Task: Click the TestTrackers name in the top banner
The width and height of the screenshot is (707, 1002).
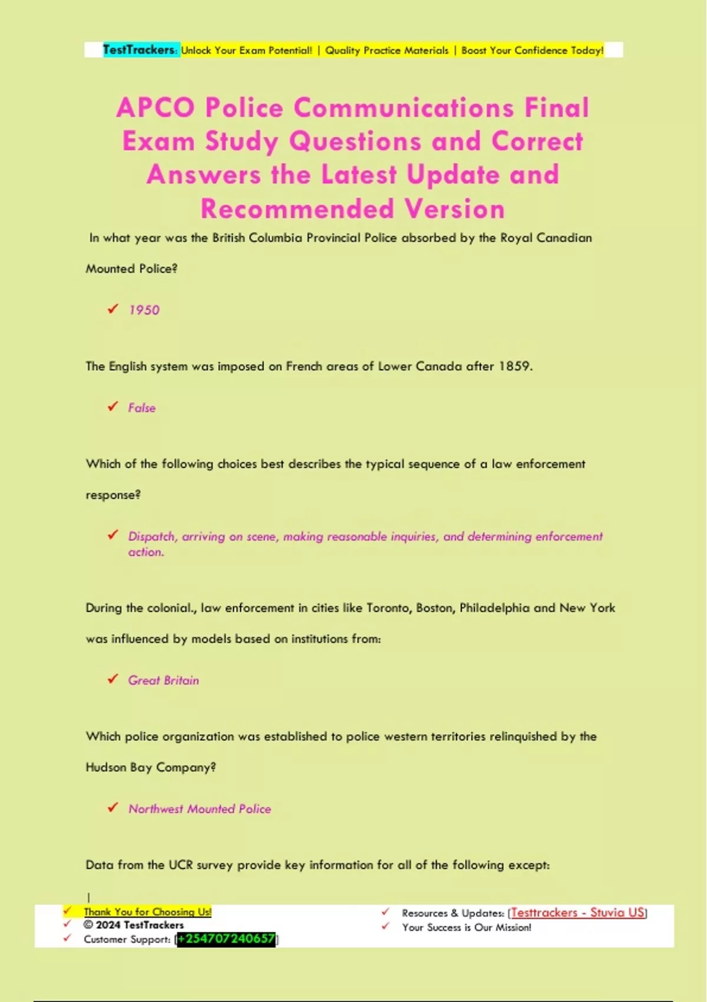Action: (139, 50)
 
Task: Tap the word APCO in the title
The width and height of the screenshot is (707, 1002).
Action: (156, 108)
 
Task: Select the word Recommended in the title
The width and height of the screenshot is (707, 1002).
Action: (297, 209)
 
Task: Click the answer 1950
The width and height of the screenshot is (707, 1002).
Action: (144, 310)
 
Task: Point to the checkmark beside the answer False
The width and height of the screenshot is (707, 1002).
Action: (113, 407)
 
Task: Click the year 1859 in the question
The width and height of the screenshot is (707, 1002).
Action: (514, 366)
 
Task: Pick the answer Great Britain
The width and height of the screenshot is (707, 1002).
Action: (164, 680)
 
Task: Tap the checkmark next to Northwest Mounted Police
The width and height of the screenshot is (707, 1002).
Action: (113, 807)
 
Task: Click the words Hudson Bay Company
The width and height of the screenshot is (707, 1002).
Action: (150, 767)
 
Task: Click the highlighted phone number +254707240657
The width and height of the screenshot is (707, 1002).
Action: (227, 939)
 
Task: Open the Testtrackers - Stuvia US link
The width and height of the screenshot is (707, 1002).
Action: (577, 913)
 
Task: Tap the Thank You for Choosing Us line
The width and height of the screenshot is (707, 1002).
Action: (147, 912)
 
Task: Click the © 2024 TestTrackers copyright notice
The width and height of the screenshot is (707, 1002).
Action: (134, 925)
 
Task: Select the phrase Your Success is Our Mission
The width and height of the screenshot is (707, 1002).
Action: (467, 928)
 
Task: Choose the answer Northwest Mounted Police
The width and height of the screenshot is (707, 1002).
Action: (200, 809)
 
